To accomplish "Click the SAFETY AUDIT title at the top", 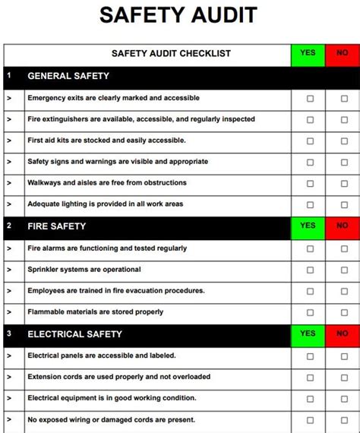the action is [x=179, y=15].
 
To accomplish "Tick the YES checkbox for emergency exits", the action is [x=310, y=99].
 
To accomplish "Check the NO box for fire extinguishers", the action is [x=343, y=120].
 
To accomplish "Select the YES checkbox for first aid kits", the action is [x=310, y=141].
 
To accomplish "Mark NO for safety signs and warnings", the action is [x=343, y=162].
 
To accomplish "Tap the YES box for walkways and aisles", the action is [x=310, y=183].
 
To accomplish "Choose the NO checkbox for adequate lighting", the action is [x=343, y=204].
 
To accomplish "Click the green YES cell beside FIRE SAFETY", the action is [x=308, y=226].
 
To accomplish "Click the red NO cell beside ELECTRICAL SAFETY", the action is [x=343, y=334].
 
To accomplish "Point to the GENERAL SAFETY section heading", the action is [x=68, y=76].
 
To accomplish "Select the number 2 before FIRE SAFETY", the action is [x=9, y=226].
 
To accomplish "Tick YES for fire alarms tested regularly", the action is [x=310, y=249].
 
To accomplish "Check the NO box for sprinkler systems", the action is [x=343, y=270].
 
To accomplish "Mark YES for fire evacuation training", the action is [x=310, y=292].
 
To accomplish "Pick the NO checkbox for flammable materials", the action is [x=343, y=312].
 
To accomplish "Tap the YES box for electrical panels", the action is [x=310, y=356].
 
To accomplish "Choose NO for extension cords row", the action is [x=343, y=378].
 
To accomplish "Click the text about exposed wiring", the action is [x=111, y=419].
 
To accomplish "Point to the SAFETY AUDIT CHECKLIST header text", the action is [x=171, y=54].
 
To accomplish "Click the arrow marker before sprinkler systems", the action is [x=9, y=270].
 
